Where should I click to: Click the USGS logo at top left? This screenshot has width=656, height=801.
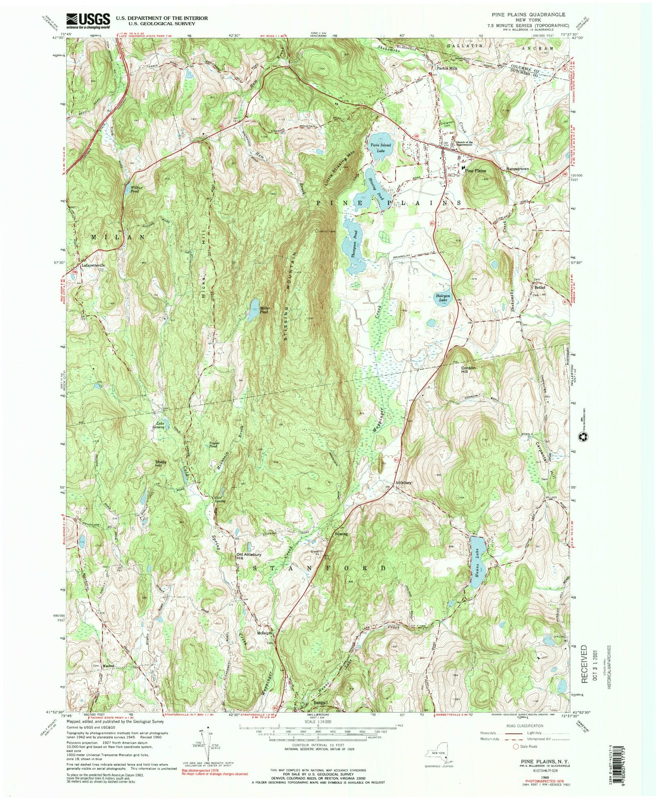[88, 20]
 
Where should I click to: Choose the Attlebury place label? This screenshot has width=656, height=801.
[403, 482]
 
